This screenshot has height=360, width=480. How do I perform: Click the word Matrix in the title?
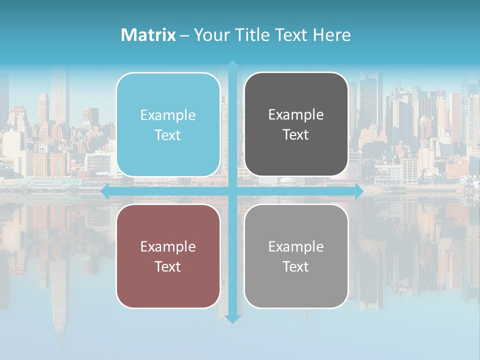coord(148,35)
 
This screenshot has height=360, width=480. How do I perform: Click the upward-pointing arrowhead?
coord(232,65)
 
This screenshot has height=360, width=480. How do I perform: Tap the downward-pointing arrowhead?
coord(232,318)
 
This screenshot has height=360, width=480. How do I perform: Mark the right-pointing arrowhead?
coord(358,191)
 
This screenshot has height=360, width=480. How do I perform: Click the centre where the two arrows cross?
coord(232,191)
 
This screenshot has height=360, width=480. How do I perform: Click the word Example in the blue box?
coord(168,115)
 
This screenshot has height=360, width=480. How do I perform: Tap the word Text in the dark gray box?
coord(296,135)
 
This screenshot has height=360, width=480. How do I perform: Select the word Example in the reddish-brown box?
coord(168,247)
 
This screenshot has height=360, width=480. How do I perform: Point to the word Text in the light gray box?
coord(296,267)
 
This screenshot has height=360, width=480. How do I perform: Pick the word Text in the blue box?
coord(168,135)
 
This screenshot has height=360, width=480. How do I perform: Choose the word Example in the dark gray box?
coord(296,115)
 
